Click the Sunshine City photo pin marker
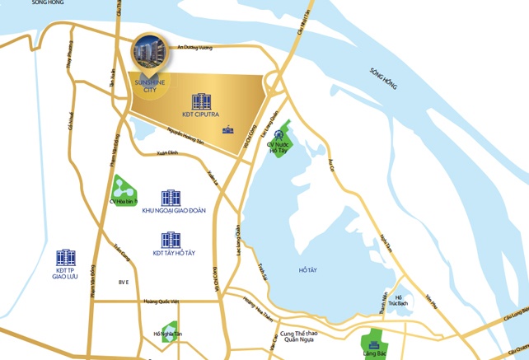click(152, 52)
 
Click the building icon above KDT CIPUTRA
click(201, 102)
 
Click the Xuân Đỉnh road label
click(167, 153)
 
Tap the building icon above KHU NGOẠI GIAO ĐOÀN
click(171, 199)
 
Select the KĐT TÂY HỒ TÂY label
click(172, 253)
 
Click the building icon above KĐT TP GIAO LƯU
click(66, 258)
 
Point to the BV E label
click(124, 283)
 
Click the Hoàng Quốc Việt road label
click(161, 302)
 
